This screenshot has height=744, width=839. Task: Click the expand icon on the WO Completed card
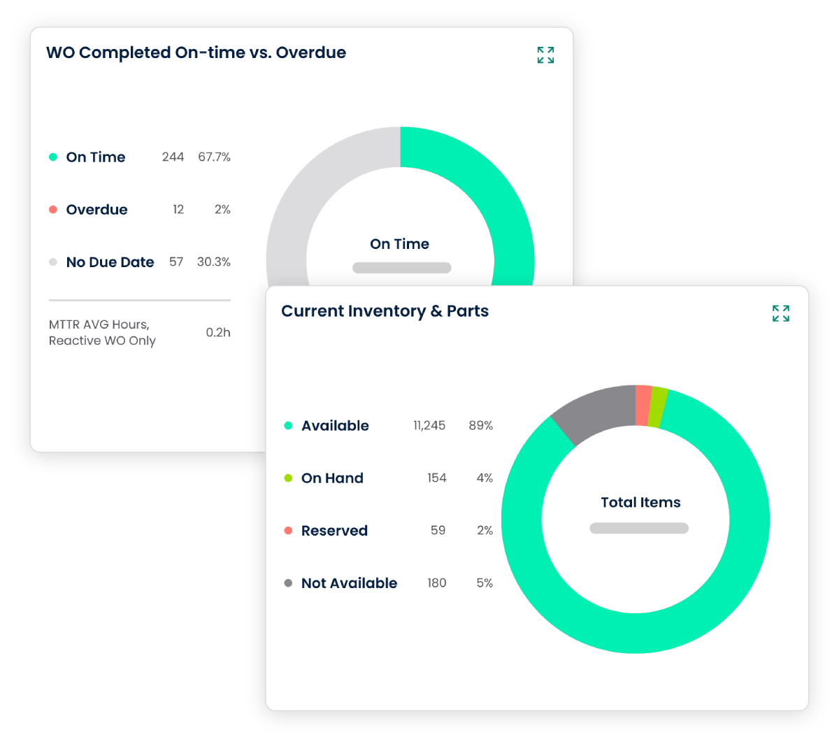tap(545, 55)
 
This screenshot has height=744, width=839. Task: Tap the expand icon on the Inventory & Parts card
tap(780, 313)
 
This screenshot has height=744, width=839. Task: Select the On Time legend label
tap(96, 157)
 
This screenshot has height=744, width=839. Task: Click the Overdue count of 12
tap(178, 210)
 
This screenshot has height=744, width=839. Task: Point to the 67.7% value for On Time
tap(214, 157)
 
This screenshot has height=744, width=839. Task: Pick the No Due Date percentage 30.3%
tap(213, 262)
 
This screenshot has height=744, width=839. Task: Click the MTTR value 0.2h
tap(217, 333)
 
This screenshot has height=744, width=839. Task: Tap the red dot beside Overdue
tap(53, 210)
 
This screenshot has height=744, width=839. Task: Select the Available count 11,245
tap(429, 426)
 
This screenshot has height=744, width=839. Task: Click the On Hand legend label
tap(332, 478)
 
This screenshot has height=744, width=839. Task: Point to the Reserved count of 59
tap(438, 531)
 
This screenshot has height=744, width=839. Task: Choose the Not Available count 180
tap(436, 583)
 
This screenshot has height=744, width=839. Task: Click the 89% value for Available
tap(480, 426)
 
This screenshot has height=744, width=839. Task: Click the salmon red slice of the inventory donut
tap(643, 405)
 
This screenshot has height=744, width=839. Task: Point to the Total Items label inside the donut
tap(640, 502)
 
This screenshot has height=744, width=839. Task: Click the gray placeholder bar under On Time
tap(401, 268)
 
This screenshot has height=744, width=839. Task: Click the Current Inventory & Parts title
tap(385, 311)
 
